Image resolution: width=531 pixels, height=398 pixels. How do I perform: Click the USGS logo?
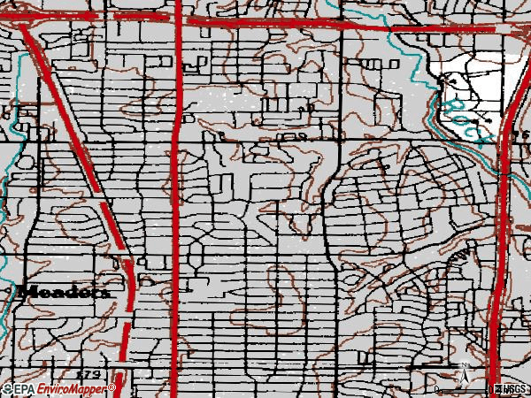511,389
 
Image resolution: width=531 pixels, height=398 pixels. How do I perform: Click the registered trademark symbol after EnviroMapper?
113,387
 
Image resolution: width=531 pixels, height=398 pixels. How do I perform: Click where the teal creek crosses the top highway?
350,24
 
